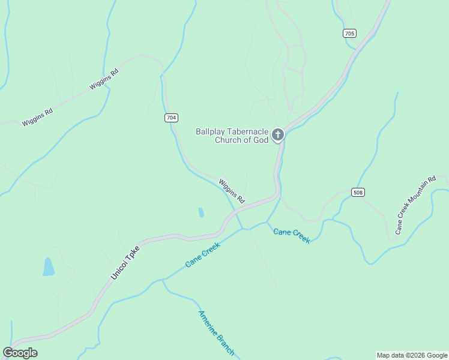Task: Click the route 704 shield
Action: click(171, 118)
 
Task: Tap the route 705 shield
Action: click(350, 33)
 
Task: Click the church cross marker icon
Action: click(277, 134)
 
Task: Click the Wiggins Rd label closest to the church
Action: click(232, 191)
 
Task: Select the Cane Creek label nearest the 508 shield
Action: click(292, 235)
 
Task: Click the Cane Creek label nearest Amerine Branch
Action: click(203, 254)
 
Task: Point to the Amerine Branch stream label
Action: click(216, 333)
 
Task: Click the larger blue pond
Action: click(48, 266)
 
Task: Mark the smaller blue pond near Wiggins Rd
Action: click(201, 212)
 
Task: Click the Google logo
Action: click(20, 353)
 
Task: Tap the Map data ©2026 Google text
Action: click(412, 355)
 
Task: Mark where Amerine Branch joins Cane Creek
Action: click(163, 280)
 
